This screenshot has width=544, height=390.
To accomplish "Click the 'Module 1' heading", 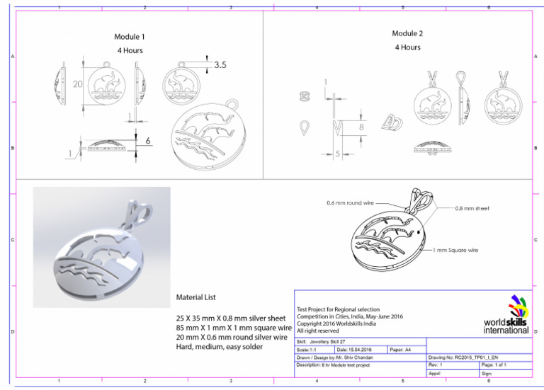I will [x=130, y=37].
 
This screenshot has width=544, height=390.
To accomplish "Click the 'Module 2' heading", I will [x=407, y=33].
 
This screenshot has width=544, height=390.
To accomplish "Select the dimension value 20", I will [x=78, y=84].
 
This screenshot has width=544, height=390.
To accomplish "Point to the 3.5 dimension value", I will [x=220, y=65].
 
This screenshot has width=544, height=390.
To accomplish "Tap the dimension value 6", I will [x=148, y=141].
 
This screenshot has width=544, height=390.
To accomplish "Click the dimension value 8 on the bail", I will [x=361, y=127].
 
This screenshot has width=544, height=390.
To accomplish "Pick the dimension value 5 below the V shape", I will [x=339, y=154].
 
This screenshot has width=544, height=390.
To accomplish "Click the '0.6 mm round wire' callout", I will [x=349, y=203].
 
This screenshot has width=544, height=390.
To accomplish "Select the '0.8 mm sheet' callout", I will [x=472, y=209].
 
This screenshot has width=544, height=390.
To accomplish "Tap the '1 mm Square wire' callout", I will [x=457, y=250].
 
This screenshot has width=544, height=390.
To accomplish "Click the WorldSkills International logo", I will [x=507, y=314].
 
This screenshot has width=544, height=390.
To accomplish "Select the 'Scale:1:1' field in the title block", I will [x=310, y=350].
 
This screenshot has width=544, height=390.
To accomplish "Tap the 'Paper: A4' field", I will [x=401, y=350].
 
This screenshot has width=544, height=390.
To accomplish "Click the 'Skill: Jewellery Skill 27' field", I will [x=323, y=342].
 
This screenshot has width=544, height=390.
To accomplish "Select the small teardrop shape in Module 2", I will [x=305, y=127].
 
